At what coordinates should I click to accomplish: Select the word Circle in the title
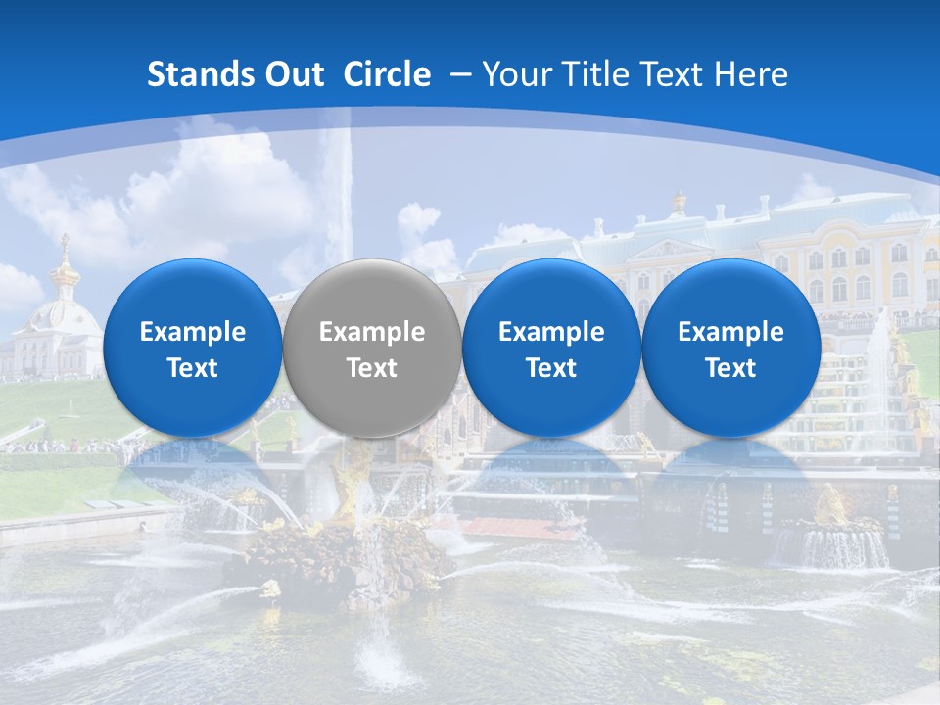387,74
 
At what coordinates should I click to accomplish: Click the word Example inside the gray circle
372,332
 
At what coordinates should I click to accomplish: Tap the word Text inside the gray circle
372,368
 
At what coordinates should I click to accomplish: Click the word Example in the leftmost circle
192,332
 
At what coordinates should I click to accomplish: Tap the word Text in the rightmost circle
730,368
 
